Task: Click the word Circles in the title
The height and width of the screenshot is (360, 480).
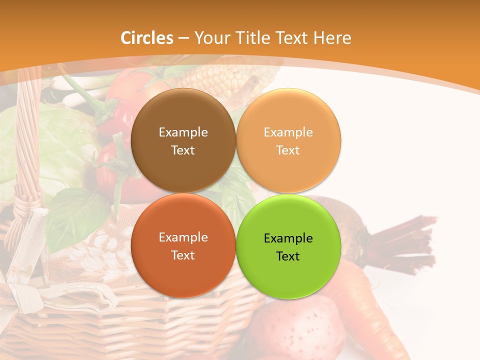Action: pyautogui.click(x=146, y=38)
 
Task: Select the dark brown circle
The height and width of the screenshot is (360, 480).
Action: pyautogui.click(x=183, y=140)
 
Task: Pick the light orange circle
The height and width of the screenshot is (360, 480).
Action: pyautogui.click(x=288, y=140)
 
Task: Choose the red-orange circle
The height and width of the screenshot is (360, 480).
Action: pyautogui.click(x=183, y=245)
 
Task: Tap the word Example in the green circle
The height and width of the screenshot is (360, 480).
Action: pyautogui.click(x=288, y=238)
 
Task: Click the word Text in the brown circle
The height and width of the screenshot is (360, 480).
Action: pyautogui.click(x=183, y=150)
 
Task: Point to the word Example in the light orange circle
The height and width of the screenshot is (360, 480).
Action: pyautogui.click(x=288, y=132)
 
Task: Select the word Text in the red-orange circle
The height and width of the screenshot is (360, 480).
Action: pyautogui.click(x=183, y=255)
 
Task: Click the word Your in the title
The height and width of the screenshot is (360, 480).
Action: pyautogui.click(x=209, y=38)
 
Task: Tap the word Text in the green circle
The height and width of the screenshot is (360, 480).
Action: pyautogui.click(x=288, y=256)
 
